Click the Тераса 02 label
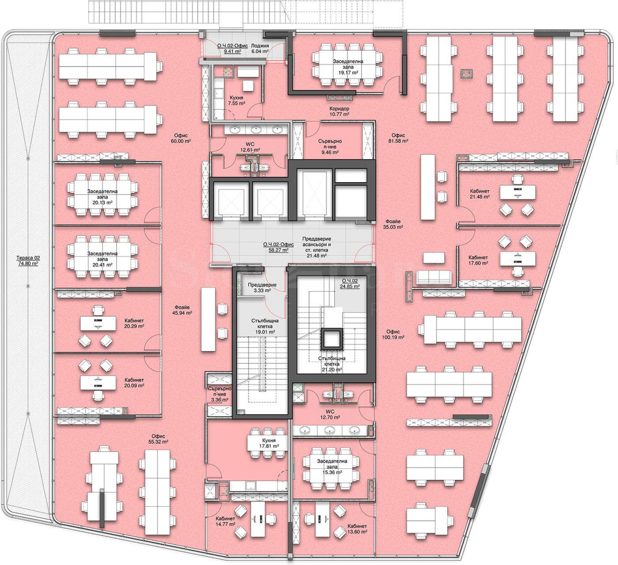(x=28, y=258)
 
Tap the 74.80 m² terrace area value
(x=28, y=263)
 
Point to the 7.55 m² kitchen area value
(x=236, y=103)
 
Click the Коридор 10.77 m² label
(x=339, y=112)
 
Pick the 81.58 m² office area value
(x=398, y=141)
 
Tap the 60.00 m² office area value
(x=181, y=141)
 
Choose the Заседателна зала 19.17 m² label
(x=348, y=67)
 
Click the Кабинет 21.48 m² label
(x=480, y=194)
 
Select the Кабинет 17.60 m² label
(x=478, y=260)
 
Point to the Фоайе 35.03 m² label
(x=393, y=224)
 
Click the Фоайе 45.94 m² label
(x=182, y=310)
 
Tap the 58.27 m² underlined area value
(x=278, y=250)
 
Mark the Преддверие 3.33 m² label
(x=262, y=288)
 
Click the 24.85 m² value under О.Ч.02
(x=350, y=286)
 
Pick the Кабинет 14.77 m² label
(x=225, y=521)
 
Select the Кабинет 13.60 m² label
(x=357, y=529)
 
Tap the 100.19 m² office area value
(x=393, y=337)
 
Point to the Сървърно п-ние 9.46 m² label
(x=330, y=147)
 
